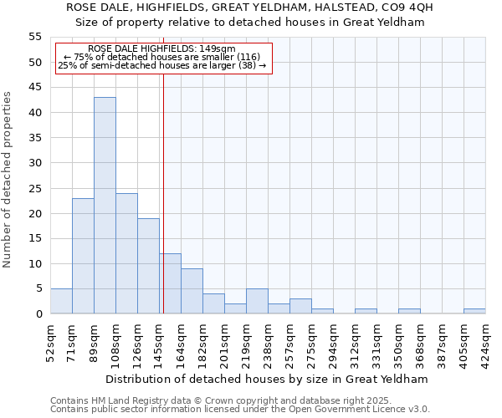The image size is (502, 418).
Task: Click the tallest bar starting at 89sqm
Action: click(105, 206)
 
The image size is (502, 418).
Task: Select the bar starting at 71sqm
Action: click(83, 256)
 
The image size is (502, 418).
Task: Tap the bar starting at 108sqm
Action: click(126, 253)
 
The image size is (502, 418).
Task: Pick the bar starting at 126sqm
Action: click(148, 266)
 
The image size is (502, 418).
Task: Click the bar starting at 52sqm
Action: click(61, 301)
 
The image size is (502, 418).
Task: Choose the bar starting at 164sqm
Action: click(192, 291)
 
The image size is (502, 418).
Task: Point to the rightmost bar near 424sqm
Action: click(474, 311)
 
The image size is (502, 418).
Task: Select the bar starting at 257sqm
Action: click(300, 306)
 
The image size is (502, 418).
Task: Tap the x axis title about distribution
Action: click(268, 379)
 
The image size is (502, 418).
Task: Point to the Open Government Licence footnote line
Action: click(240, 409)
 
